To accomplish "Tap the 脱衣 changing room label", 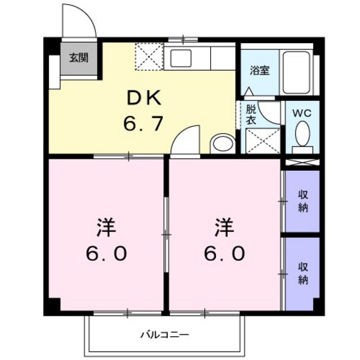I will [250, 114].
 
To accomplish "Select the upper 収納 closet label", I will [302, 201].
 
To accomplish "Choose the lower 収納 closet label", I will [302, 273].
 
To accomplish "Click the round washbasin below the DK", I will [222, 143].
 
